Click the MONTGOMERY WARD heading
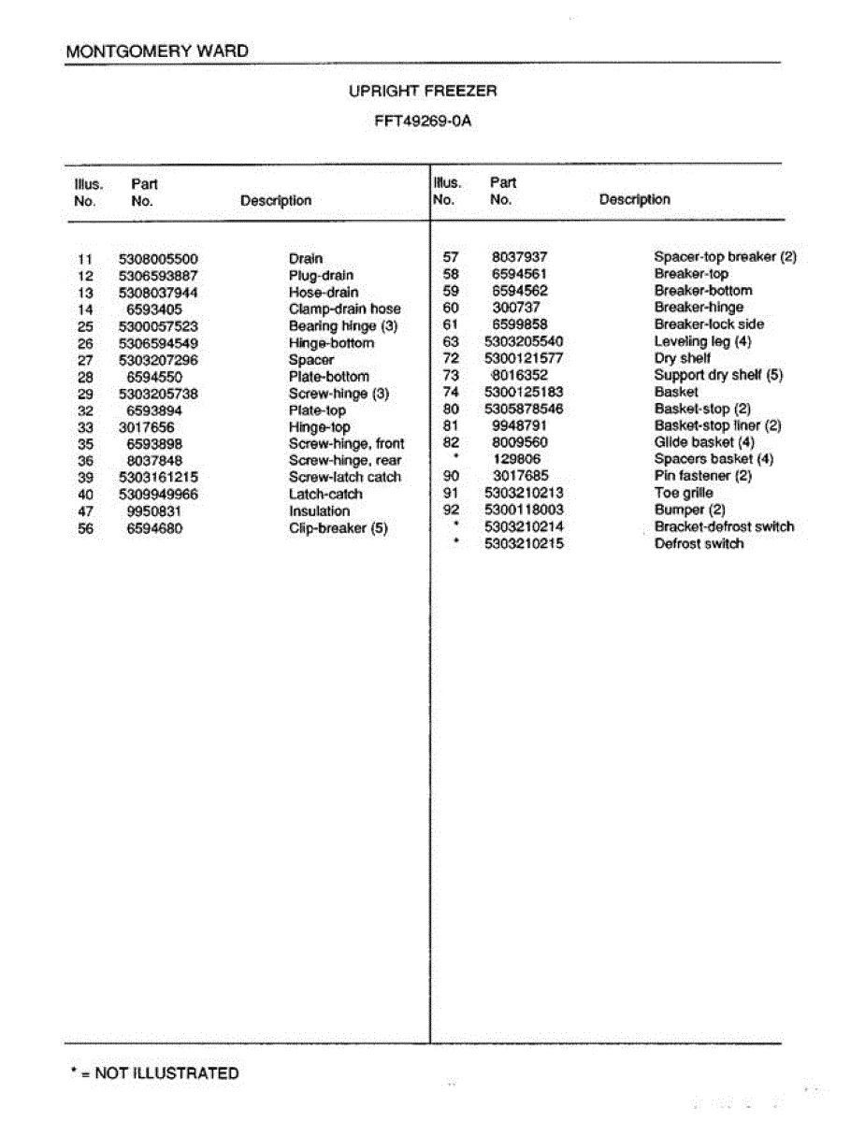point(157,50)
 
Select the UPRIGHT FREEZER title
point(423,92)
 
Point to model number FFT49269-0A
point(423,122)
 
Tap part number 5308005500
point(158,259)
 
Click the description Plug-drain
point(321,276)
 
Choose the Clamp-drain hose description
point(344,309)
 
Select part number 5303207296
point(158,360)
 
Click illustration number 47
point(86,511)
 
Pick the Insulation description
point(319,511)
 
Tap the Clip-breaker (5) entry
point(338,528)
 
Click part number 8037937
point(520,257)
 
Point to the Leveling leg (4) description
point(702,341)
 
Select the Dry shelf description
point(683,358)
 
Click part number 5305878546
point(524,409)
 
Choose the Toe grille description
point(684,493)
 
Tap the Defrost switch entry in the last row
point(699,543)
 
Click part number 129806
point(516,459)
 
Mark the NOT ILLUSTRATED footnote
point(155,1073)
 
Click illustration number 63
point(451,341)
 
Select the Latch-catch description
point(325,495)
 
